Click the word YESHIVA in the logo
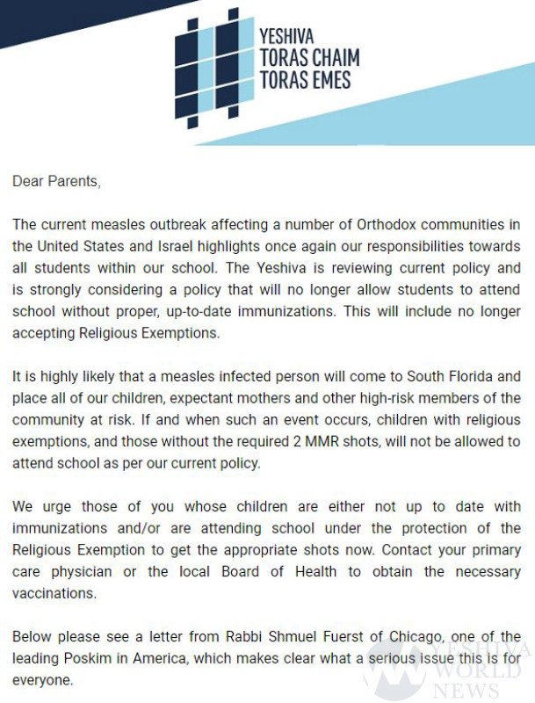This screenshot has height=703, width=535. [x=286, y=37]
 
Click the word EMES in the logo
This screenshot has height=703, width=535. [x=326, y=80]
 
